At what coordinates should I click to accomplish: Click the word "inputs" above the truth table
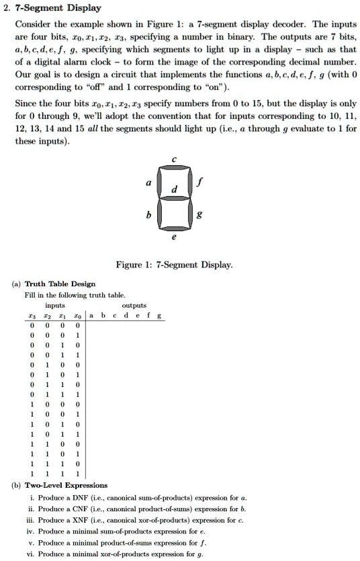46,304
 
